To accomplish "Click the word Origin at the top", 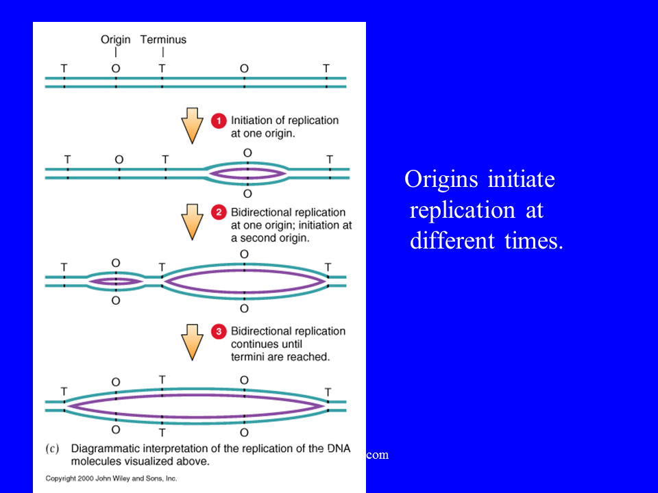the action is (x=115, y=40).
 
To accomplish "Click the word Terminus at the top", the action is (x=163, y=40).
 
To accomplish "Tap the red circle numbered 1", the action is (x=219, y=121).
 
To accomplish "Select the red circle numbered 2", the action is (x=219, y=212).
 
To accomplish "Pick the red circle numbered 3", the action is (x=219, y=331).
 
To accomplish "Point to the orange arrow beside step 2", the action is (x=192, y=222).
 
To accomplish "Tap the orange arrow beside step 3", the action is (x=192, y=342).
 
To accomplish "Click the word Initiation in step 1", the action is (x=252, y=121).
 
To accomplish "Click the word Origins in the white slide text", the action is (x=441, y=179).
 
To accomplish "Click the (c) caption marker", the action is (x=52, y=448).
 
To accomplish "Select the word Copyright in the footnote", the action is (x=60, y=479).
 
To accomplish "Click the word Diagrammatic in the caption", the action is (x=105, y=448).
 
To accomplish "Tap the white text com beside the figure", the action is (x=377, y=455).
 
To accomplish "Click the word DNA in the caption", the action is (x=339, y=448).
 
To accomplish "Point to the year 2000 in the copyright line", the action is (x=86, y=479).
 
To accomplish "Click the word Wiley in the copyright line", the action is (x=122, y=479).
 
